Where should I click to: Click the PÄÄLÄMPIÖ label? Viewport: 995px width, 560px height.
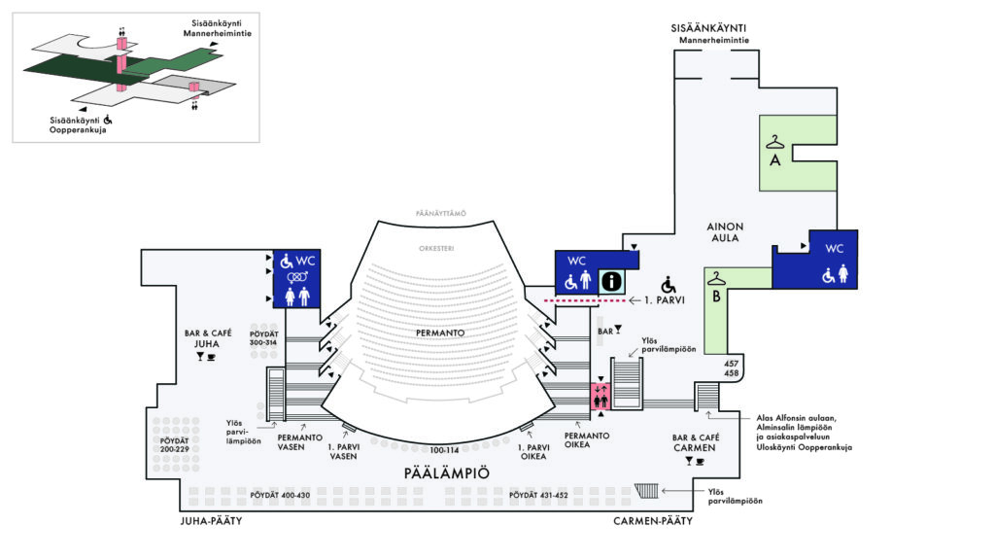pos(447,473)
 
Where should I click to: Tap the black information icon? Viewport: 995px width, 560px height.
pos(612,281)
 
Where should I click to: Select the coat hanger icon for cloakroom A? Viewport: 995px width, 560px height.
pos(774,142)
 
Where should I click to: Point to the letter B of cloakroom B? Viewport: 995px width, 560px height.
pos(716,297)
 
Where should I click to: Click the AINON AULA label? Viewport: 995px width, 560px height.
pos(725,231)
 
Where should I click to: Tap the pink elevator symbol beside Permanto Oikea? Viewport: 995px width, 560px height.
pos(600,396)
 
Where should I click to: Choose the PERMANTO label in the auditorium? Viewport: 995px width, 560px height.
pos(440,332)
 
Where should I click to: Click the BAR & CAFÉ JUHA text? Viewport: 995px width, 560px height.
pos(208,338)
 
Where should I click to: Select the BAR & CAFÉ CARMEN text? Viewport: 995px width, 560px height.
pos(696,442)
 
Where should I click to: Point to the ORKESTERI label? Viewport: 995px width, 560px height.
pos(436,248)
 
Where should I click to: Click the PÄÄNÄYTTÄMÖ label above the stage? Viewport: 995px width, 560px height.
pos(441,213)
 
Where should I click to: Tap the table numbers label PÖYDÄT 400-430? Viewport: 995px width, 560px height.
pos(280,495)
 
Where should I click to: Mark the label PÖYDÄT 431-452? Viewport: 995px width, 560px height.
pos(538,495)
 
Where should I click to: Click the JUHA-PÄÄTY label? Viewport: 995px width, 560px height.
pos(211,521)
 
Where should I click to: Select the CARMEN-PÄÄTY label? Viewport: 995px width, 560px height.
pos(652,521)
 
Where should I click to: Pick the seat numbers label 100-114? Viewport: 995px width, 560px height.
pos(444,450)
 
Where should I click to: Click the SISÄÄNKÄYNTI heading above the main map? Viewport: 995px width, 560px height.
pos(708,28)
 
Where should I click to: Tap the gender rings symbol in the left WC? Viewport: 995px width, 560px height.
pos(297,277)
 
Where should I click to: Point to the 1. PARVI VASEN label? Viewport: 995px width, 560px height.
pos(343,451)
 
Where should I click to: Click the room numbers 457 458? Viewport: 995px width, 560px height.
pos(731,368)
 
